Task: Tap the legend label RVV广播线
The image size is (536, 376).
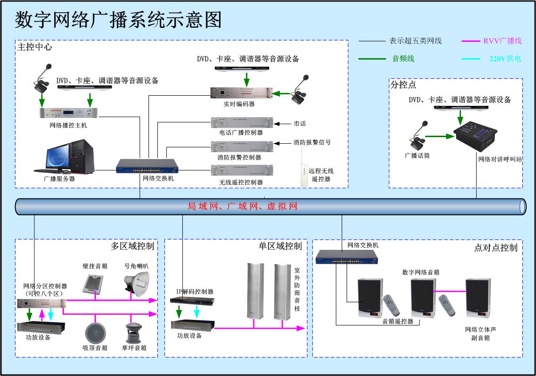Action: coord(502,41)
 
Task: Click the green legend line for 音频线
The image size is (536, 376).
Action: coord(372,59)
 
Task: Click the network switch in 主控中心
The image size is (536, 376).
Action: coord(147,167)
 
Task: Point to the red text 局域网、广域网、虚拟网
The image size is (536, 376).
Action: coord(242,206)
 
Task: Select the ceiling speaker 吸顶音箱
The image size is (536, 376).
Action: coord(95,333)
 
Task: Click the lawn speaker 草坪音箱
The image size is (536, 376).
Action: coord(134,333)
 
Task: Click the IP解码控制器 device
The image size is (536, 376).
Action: coord(192,300)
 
